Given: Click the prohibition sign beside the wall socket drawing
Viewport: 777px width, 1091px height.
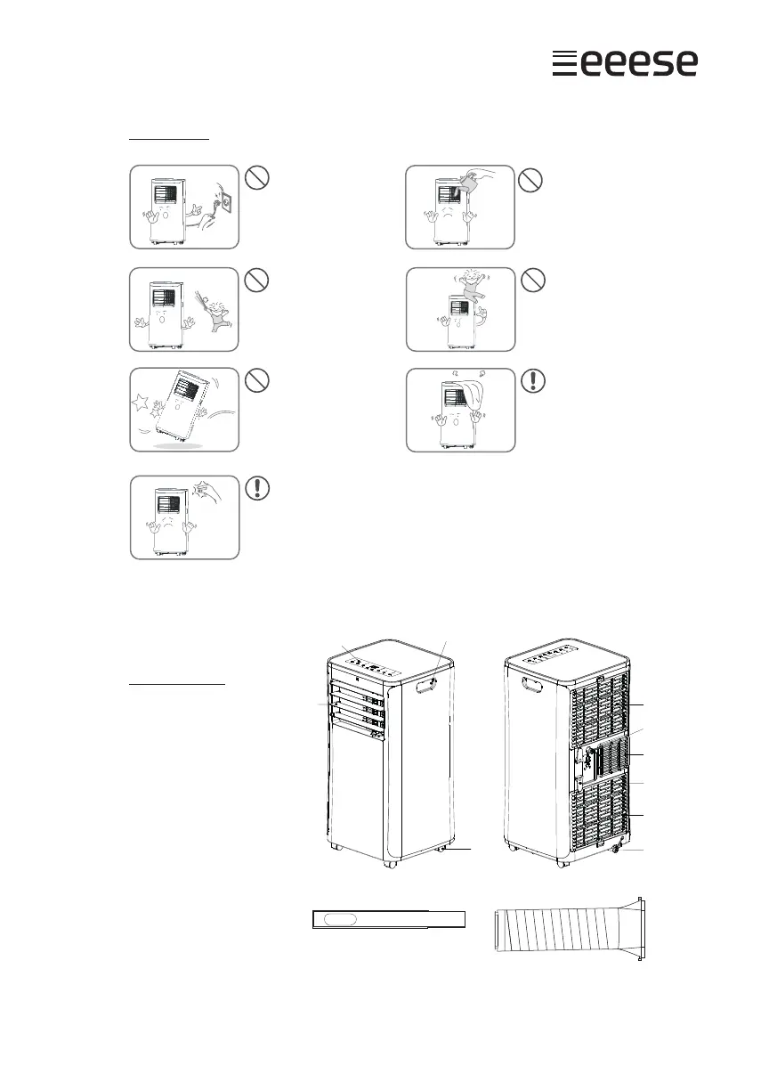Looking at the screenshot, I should (x=256, y=178).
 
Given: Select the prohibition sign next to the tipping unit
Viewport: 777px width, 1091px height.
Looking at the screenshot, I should (x=256, y=381).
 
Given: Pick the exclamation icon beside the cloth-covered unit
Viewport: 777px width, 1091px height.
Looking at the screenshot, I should (x=532, y=381).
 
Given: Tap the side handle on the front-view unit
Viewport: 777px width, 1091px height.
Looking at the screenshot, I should (x=429, y=684).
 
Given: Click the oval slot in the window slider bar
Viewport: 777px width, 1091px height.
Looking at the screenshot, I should (x=342, y=919).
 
